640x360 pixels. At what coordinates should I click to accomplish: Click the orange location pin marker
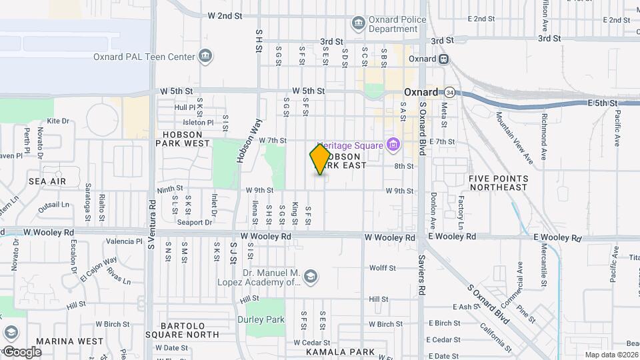click(320, 159)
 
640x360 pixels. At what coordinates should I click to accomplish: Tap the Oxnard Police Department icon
click(359, 24)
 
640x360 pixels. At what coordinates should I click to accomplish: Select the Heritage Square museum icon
click(393, 145)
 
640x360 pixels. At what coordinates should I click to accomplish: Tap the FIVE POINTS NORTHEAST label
click(508, 183)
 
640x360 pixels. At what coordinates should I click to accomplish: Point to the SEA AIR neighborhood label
click(47, 181)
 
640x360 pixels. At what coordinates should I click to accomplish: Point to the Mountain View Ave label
click(514, 138)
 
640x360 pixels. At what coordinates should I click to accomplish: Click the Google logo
click(22, 351)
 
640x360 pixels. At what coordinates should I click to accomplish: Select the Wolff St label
click(383, 268)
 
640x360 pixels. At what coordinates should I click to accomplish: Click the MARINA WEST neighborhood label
click(70, 341)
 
